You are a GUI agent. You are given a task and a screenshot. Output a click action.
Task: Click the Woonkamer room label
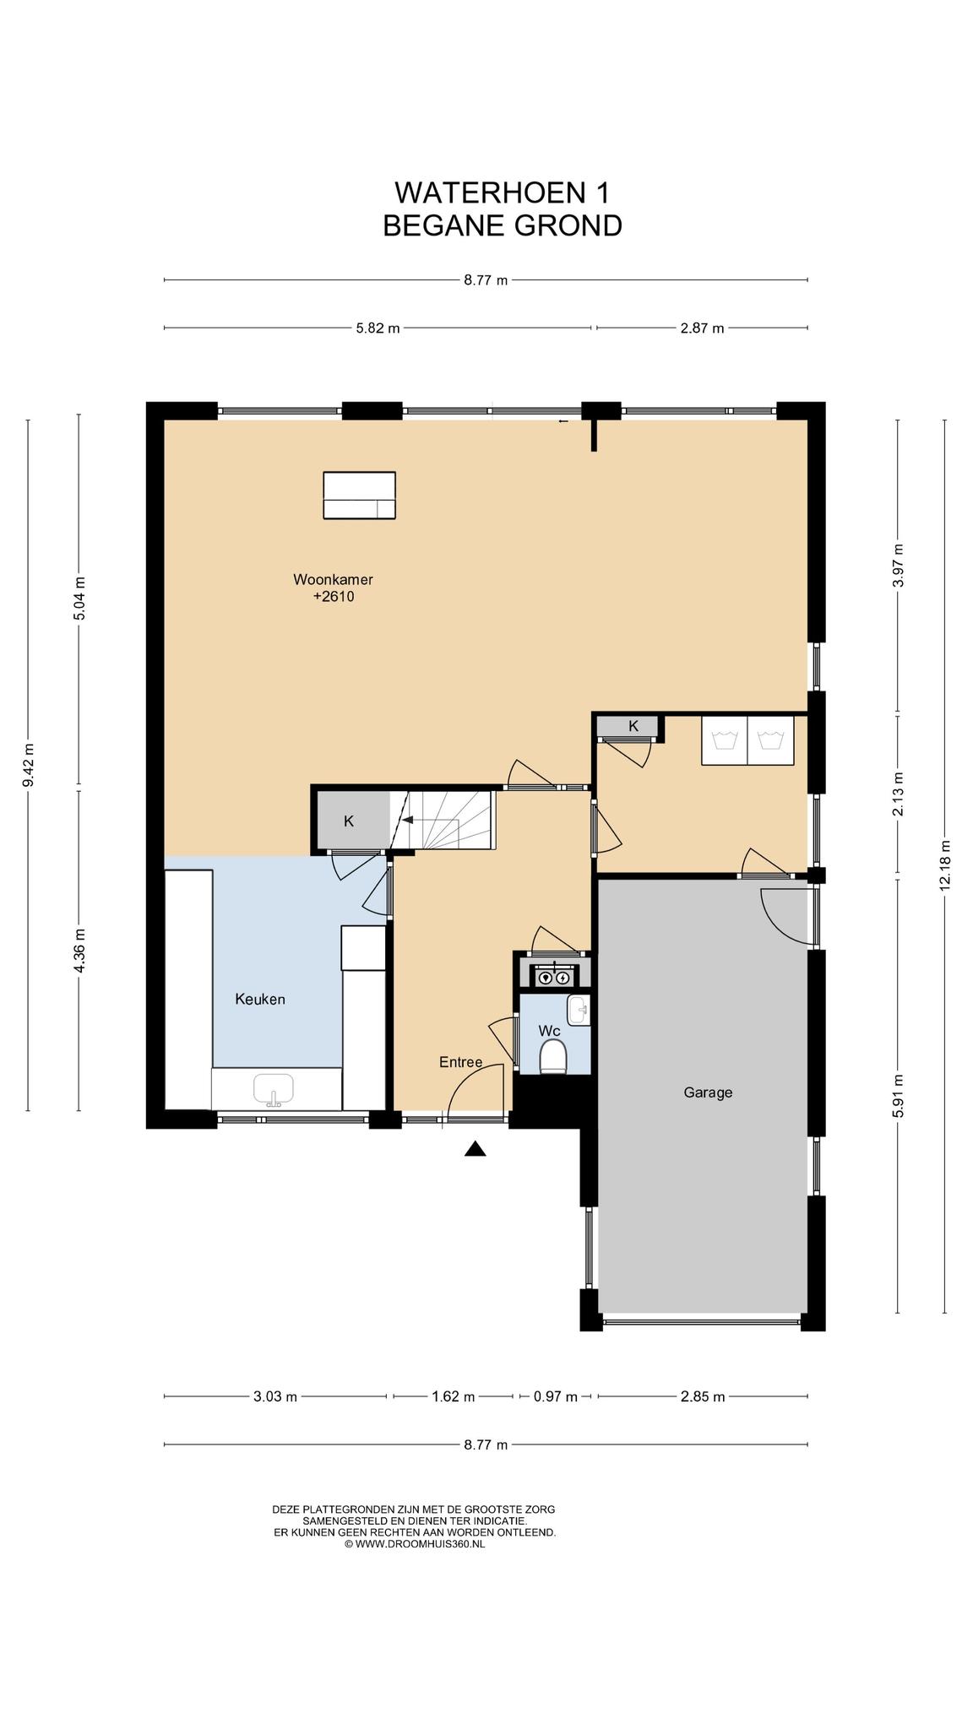(333, 579)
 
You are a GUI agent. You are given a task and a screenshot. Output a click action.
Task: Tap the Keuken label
(260, 999)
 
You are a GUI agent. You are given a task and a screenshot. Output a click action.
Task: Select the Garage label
(708, 1092)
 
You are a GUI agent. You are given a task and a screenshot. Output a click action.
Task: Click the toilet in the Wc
(553, 1056)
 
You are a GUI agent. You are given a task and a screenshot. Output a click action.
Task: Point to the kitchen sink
(274, 1090)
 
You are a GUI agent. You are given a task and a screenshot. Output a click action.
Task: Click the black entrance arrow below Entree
(476, 1148)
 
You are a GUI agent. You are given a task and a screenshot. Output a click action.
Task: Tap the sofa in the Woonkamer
(360, 496)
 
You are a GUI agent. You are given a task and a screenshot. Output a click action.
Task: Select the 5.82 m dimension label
(378, 328)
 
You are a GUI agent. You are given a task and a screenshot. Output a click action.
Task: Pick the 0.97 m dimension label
(556, 1396)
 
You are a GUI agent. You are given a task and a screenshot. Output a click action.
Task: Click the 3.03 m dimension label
(275, 1396)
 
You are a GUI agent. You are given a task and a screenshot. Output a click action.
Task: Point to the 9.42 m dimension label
(29, 765)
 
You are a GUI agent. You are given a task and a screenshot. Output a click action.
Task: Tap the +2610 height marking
(334, 596)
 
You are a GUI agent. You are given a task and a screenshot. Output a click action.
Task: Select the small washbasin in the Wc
(579, 1010)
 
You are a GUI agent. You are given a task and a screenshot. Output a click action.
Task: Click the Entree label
(460, 1062)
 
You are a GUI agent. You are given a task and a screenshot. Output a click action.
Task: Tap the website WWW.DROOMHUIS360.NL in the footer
(414, 1544)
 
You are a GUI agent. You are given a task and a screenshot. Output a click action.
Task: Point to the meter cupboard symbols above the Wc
(553, 977)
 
